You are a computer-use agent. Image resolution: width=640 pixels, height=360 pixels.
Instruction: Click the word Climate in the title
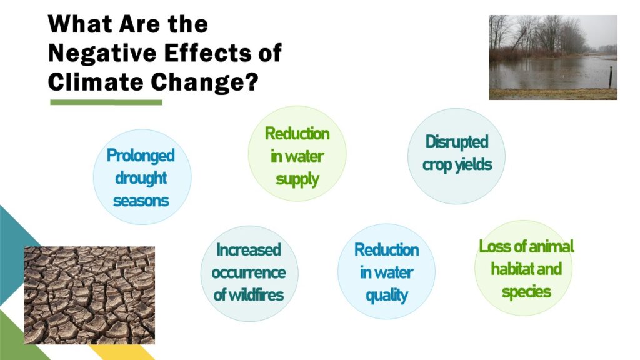pos(96,82)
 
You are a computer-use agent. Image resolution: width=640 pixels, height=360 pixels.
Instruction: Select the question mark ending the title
pos(252,82)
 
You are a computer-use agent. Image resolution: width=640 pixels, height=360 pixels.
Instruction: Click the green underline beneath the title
pos(106,102)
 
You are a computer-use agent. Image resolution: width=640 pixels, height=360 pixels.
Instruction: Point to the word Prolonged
pos(141,156)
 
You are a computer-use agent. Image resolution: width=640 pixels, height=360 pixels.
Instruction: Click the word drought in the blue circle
pos(141,178)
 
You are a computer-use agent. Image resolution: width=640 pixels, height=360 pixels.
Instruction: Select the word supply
pos(297,179)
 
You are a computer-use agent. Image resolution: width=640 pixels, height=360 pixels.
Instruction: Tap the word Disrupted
pos(457,142)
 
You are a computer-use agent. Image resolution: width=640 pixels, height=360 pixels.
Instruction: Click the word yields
pos(474,164)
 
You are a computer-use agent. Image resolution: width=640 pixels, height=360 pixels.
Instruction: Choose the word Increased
pos(249,250)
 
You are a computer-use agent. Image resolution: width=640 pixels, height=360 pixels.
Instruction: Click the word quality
pos(386,296)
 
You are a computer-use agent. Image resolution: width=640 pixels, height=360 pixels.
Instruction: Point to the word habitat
pos(510,269)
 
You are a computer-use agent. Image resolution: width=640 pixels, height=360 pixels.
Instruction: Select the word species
pos(526,292)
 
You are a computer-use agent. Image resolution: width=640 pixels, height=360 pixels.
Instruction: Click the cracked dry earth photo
pos(89,295)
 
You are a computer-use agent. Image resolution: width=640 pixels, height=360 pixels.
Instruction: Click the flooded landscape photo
pos(553,57)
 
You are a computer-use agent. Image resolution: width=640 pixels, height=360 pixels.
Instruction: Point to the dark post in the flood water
pos(611,77)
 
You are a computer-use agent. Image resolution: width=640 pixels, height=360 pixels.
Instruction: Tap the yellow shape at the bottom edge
pos(122,352)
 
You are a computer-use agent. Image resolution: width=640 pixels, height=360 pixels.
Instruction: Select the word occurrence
pos(249,272)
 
